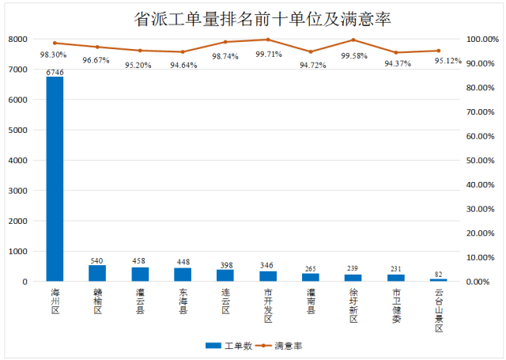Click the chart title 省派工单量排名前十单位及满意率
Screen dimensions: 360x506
(253, 18)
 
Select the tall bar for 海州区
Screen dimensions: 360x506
(55, 179)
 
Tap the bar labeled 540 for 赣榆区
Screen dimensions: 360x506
(97, 273)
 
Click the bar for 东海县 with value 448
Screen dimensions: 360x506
(183, 275)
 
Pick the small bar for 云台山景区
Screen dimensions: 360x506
(438, 280)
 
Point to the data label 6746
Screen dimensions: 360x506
(55, 72)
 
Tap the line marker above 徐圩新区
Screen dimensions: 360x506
(353, 40)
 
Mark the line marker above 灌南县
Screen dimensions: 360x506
(311, 51)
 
